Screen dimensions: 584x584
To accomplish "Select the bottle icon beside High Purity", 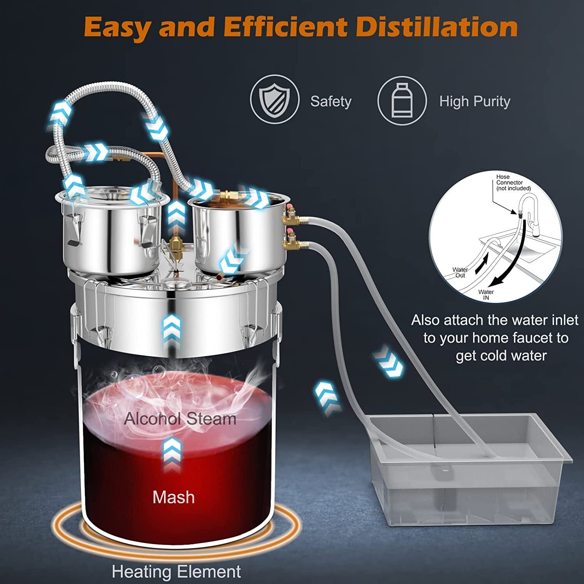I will click(x=402, y=100).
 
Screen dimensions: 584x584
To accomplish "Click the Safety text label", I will click(x=331, y=102).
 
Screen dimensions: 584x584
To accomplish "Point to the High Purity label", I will click(x=475, y=102).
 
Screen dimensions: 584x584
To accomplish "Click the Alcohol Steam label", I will click(x=180, y=419).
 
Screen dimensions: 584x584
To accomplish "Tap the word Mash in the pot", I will click(x=173, y=497).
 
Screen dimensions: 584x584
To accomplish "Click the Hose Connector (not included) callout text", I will click(x=513, y=183).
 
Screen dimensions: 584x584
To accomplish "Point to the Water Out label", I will click(x=460, y=272).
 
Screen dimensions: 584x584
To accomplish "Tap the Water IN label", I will click(x=486, y=295).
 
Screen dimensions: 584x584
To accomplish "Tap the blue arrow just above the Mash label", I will click(x=172, y=454).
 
